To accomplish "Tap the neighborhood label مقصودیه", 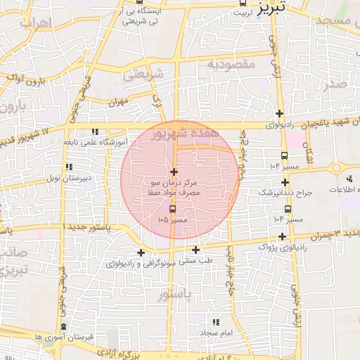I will [229, 64].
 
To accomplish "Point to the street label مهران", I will [121, 102].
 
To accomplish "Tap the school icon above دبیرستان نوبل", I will [69, 167].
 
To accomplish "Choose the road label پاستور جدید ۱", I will [88, 228].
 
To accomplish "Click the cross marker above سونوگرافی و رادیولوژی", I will [141, 252].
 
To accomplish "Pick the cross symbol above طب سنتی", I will [195, 250].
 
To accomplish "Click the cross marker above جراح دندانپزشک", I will [285, 181].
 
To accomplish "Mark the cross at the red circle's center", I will [174, 172].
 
